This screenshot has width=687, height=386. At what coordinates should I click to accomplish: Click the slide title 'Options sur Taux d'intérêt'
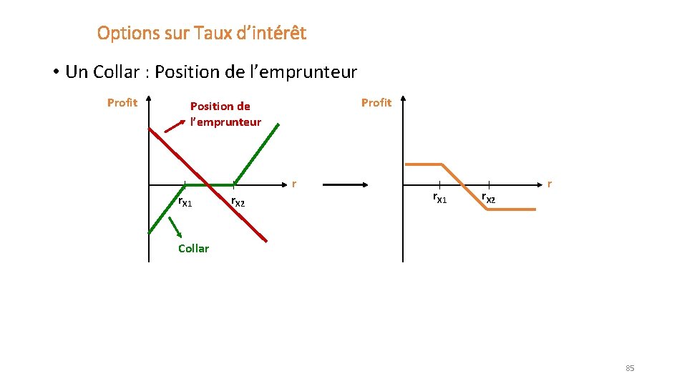(201, 33)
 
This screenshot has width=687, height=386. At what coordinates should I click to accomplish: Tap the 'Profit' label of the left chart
(122, 103)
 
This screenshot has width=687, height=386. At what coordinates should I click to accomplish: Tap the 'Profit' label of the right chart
(376, 103)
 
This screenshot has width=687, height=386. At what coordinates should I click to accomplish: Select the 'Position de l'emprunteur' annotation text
(225, 114)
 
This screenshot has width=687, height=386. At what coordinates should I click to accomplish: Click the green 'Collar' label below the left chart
(193, 249)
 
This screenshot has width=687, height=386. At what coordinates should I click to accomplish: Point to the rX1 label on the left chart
(185, 203)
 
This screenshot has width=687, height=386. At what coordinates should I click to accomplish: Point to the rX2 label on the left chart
(238, 203)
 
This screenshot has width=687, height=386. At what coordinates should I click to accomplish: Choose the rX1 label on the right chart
(439, 197)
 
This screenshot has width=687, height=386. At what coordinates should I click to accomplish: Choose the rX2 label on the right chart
(489, 198)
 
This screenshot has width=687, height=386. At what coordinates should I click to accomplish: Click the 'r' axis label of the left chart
(293, 184)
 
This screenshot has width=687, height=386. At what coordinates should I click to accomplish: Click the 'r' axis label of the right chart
(549, 184)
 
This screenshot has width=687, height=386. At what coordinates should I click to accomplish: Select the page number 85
(630, 368)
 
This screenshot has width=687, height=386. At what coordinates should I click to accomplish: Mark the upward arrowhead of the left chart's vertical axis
(149, 99)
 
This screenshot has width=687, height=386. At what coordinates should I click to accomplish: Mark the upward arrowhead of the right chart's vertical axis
(403, 99)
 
